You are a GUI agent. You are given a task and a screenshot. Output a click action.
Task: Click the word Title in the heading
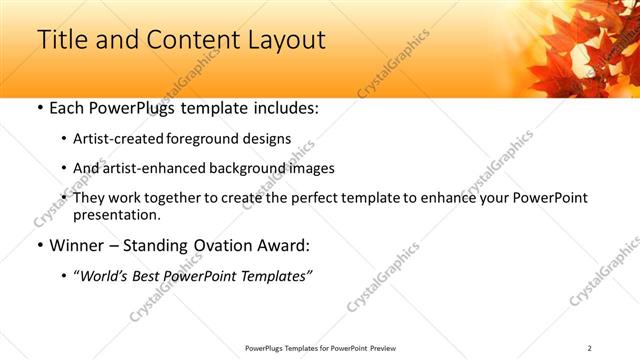pyautogui.click(x=62, y=40)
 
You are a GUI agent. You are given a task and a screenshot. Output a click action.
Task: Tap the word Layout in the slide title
pyautogui.click(x=286, y=40)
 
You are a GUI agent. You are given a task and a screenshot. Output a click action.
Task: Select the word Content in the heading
pyautogui.click(x=186, y=40)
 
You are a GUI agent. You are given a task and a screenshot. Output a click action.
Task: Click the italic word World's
pyautogui.click(x=106, y=276)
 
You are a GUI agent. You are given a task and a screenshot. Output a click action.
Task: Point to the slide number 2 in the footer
pyautogui.click(x=589, y=347)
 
